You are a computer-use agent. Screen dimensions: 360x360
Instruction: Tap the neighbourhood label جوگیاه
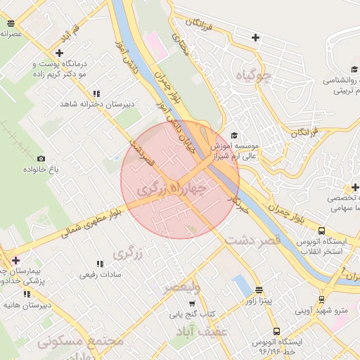(x=254, y=75)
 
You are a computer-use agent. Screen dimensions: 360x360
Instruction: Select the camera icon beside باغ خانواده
(x=41, y=159)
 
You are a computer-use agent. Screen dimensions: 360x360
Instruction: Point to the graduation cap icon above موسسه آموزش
(x=234, y=136)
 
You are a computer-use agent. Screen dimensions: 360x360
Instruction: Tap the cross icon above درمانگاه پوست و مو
(x=59, y=53)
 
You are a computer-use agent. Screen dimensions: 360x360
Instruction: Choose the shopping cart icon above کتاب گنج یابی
(x=191, y=303)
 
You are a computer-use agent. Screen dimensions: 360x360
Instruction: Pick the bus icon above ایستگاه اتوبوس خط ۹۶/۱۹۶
(x=276, y=330)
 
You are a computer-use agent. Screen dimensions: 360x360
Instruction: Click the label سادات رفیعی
(x=98, y=274)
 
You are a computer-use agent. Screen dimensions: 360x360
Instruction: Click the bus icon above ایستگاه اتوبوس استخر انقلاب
(x=321, y=230)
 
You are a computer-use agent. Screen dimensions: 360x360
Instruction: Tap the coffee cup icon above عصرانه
(x=10, y=23)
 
